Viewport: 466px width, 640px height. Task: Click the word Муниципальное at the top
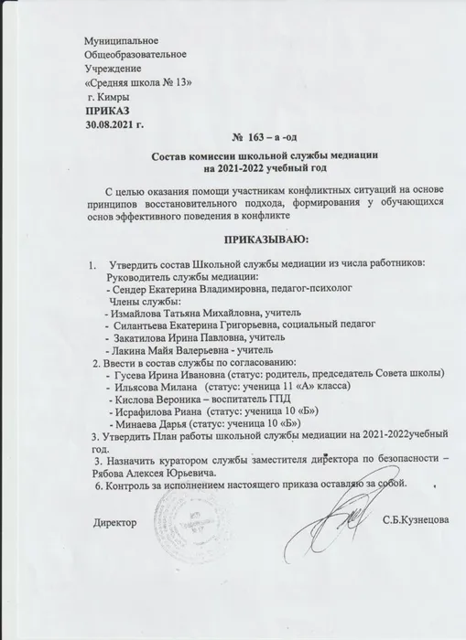[x=122, y=44]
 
